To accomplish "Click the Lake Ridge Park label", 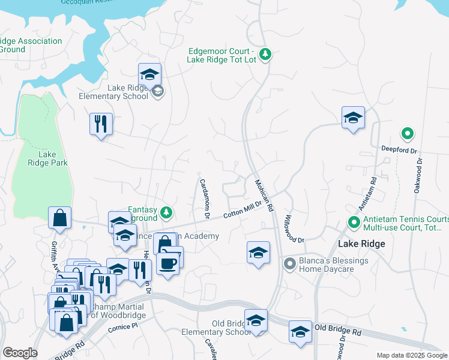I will [47, 158].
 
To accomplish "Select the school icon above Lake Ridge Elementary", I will [149, 75].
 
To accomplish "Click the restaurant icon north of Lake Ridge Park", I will [100, 124].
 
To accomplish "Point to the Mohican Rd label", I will [264, 196].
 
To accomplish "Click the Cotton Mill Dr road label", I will [243, 210].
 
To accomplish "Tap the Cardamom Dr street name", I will [203, 198].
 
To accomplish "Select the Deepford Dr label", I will [399, 148].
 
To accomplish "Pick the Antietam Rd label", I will [367, 193].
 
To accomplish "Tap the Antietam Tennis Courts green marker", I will [354, 223].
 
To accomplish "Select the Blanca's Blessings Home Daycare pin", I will [289, 263].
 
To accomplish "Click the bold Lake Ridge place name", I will [361, 244].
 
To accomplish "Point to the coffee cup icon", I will [167, 263].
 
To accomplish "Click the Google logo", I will [20, 353].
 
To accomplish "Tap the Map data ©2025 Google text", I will [411, 355].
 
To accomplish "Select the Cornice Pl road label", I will [122, 328].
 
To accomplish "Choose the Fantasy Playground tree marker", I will [166, 212].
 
